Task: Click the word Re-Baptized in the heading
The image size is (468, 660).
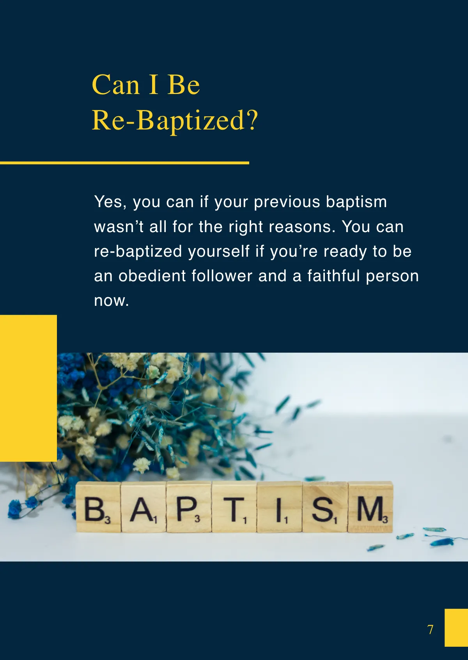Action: click(x=168, y=120)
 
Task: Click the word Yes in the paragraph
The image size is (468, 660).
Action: click(x=110, y=202)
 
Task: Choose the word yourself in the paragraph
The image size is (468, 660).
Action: click(x=219, y=252)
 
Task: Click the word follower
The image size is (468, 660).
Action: click(x=222, y=276)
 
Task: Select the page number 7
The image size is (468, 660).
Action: click(x=430, y=630)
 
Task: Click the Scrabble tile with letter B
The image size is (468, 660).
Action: click(x=98, y=507)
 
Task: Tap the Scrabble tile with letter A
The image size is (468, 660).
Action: click(x=144, y=507)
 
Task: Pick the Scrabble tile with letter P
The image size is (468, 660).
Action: click(x=189, y=507)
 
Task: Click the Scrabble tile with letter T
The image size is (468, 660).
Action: click(x=234, y=507)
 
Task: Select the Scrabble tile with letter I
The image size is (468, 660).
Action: click(x=280, y=507)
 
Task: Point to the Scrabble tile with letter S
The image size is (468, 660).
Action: click(x=325, y=507)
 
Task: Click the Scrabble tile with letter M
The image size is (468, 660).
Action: click(x=370, y=507)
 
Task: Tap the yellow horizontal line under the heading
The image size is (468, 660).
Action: click(x=125, y=163)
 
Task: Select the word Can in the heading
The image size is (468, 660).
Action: click(x=115, y=85)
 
